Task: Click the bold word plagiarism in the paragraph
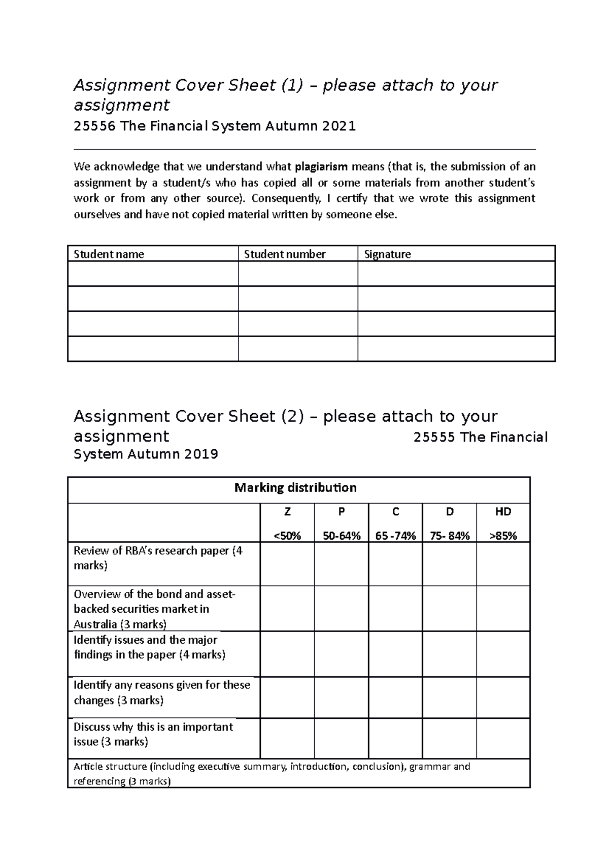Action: point(321,167)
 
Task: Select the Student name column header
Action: point(109,254)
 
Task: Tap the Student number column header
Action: point(284,254)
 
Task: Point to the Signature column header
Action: point(387,254)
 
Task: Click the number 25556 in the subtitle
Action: point(94,126)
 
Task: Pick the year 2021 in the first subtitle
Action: point(339,126)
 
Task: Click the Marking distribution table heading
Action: point(295,488)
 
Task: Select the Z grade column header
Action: point(287,512)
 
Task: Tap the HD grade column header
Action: point(503,512)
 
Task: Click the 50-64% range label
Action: point(342,536)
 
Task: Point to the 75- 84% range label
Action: point(449,536)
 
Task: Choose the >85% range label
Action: point(503,536)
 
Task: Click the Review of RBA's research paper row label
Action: point(158,558)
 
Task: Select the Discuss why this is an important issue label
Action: point(153,734)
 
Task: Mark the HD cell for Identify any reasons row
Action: point(503,697)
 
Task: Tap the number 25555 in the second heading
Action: point(433,438)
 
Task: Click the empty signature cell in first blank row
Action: point(456,274)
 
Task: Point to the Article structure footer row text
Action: point(272,773)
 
